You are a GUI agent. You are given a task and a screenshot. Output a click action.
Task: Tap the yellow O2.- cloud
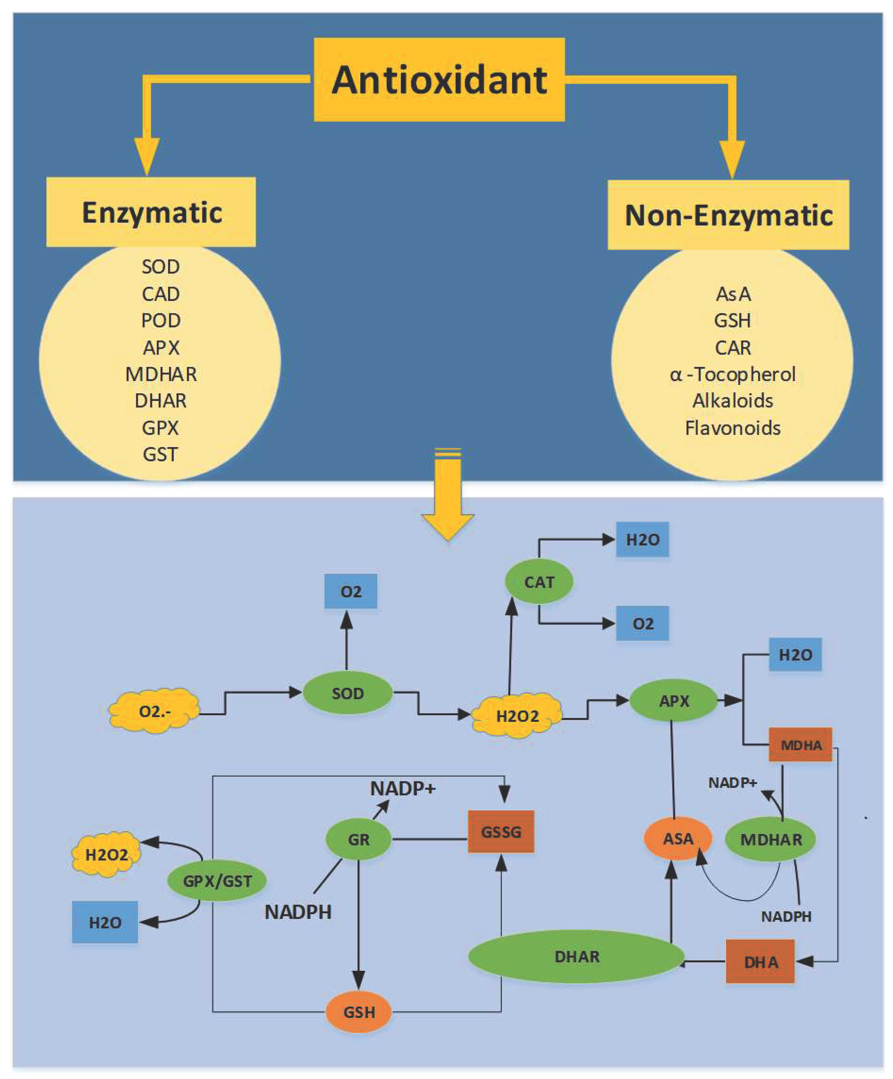tap(154, 711)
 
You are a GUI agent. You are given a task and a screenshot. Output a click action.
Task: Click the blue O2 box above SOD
tap(351, 591)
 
